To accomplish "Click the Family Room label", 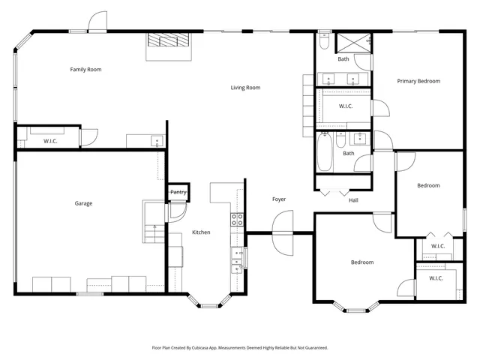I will click(x=85, y=70).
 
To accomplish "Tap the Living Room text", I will click(x=245, y=88).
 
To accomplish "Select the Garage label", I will click(x=83, y=203).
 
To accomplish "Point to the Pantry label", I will click(x=178, y=193).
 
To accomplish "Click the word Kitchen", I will click(x=201, y=232).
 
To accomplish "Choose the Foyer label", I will click(x=279, y=199).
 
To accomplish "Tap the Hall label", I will click(x=353, y=200).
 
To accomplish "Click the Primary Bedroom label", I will click(x=418, y=81).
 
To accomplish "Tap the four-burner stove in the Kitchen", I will click(x=237, y=220).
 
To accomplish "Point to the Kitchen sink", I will click(x=238, y=256).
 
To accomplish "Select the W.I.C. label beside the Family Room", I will click(x=50, y=141).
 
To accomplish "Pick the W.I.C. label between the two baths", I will click(x=346, y=106).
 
